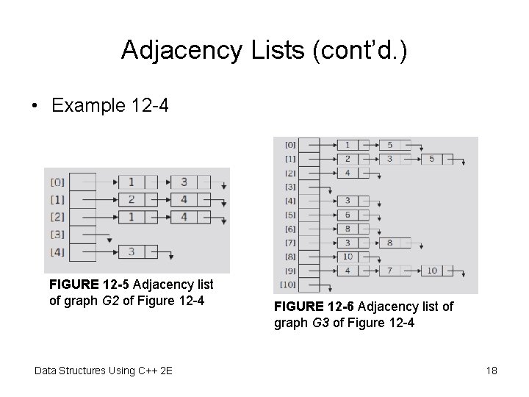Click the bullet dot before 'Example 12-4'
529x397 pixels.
click(x=35, y=106)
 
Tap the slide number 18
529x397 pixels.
click(x=492, y=371)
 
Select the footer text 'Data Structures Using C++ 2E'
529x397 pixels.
click(x=104, y=371)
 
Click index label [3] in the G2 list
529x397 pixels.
click(x=57, y=235)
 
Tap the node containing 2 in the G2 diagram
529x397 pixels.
click(x=131, y=199)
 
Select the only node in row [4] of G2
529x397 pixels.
click(x=131, y=251)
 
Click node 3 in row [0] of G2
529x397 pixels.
click(x=184, y=182)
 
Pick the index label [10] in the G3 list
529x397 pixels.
click(x=289, y=285)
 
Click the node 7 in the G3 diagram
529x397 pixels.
click(x=389, y=271)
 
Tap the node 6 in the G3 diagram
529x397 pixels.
click(x=346, y=215)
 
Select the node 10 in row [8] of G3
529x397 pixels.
click(x=346, y=257)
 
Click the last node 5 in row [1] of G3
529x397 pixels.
click(x=432, y=159)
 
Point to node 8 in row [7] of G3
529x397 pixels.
click(x=389, y=243)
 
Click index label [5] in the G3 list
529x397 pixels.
click(x=290, y=215)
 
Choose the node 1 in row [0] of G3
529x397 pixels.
click(x=346, y=145)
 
